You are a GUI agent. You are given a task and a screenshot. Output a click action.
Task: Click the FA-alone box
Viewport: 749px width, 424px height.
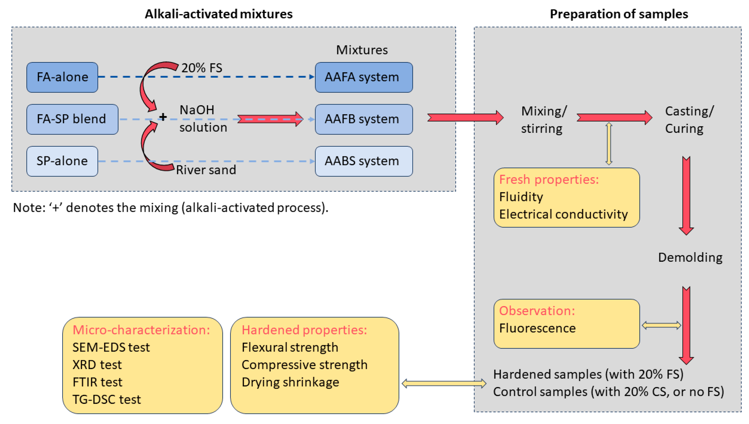(x=62, y=77)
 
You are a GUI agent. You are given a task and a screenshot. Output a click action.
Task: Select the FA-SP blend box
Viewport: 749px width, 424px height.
(x=72, y=119)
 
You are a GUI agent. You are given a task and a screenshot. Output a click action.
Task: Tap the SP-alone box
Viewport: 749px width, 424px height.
(x=62, y=161)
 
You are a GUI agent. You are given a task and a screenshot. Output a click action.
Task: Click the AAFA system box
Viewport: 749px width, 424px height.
(x=363, y=77)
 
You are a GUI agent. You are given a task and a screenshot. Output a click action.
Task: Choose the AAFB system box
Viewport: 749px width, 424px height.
(x=363, y=119)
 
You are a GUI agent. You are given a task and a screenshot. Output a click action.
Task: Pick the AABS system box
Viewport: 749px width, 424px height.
(x=363, y=161)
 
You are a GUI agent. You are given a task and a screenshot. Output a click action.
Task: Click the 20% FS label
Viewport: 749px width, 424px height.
(x=202, y=68)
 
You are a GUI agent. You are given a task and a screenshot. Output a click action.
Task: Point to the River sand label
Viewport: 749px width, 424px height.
(x=206, y=170)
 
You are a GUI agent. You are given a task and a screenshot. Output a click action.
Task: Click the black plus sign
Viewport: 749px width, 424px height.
(x=163, y=117)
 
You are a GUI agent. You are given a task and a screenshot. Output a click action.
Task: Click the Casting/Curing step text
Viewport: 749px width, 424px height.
(x=689, y=120)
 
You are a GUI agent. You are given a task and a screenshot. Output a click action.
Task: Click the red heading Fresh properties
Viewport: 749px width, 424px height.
(x=548, y=179)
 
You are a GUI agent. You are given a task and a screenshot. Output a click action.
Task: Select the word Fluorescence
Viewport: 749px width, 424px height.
(x=537, y=328)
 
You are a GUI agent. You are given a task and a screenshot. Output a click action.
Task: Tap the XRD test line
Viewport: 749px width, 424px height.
(x=97, y=364)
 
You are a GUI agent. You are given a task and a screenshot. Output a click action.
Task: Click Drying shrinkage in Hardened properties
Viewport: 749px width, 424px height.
(x=290, y=382)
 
